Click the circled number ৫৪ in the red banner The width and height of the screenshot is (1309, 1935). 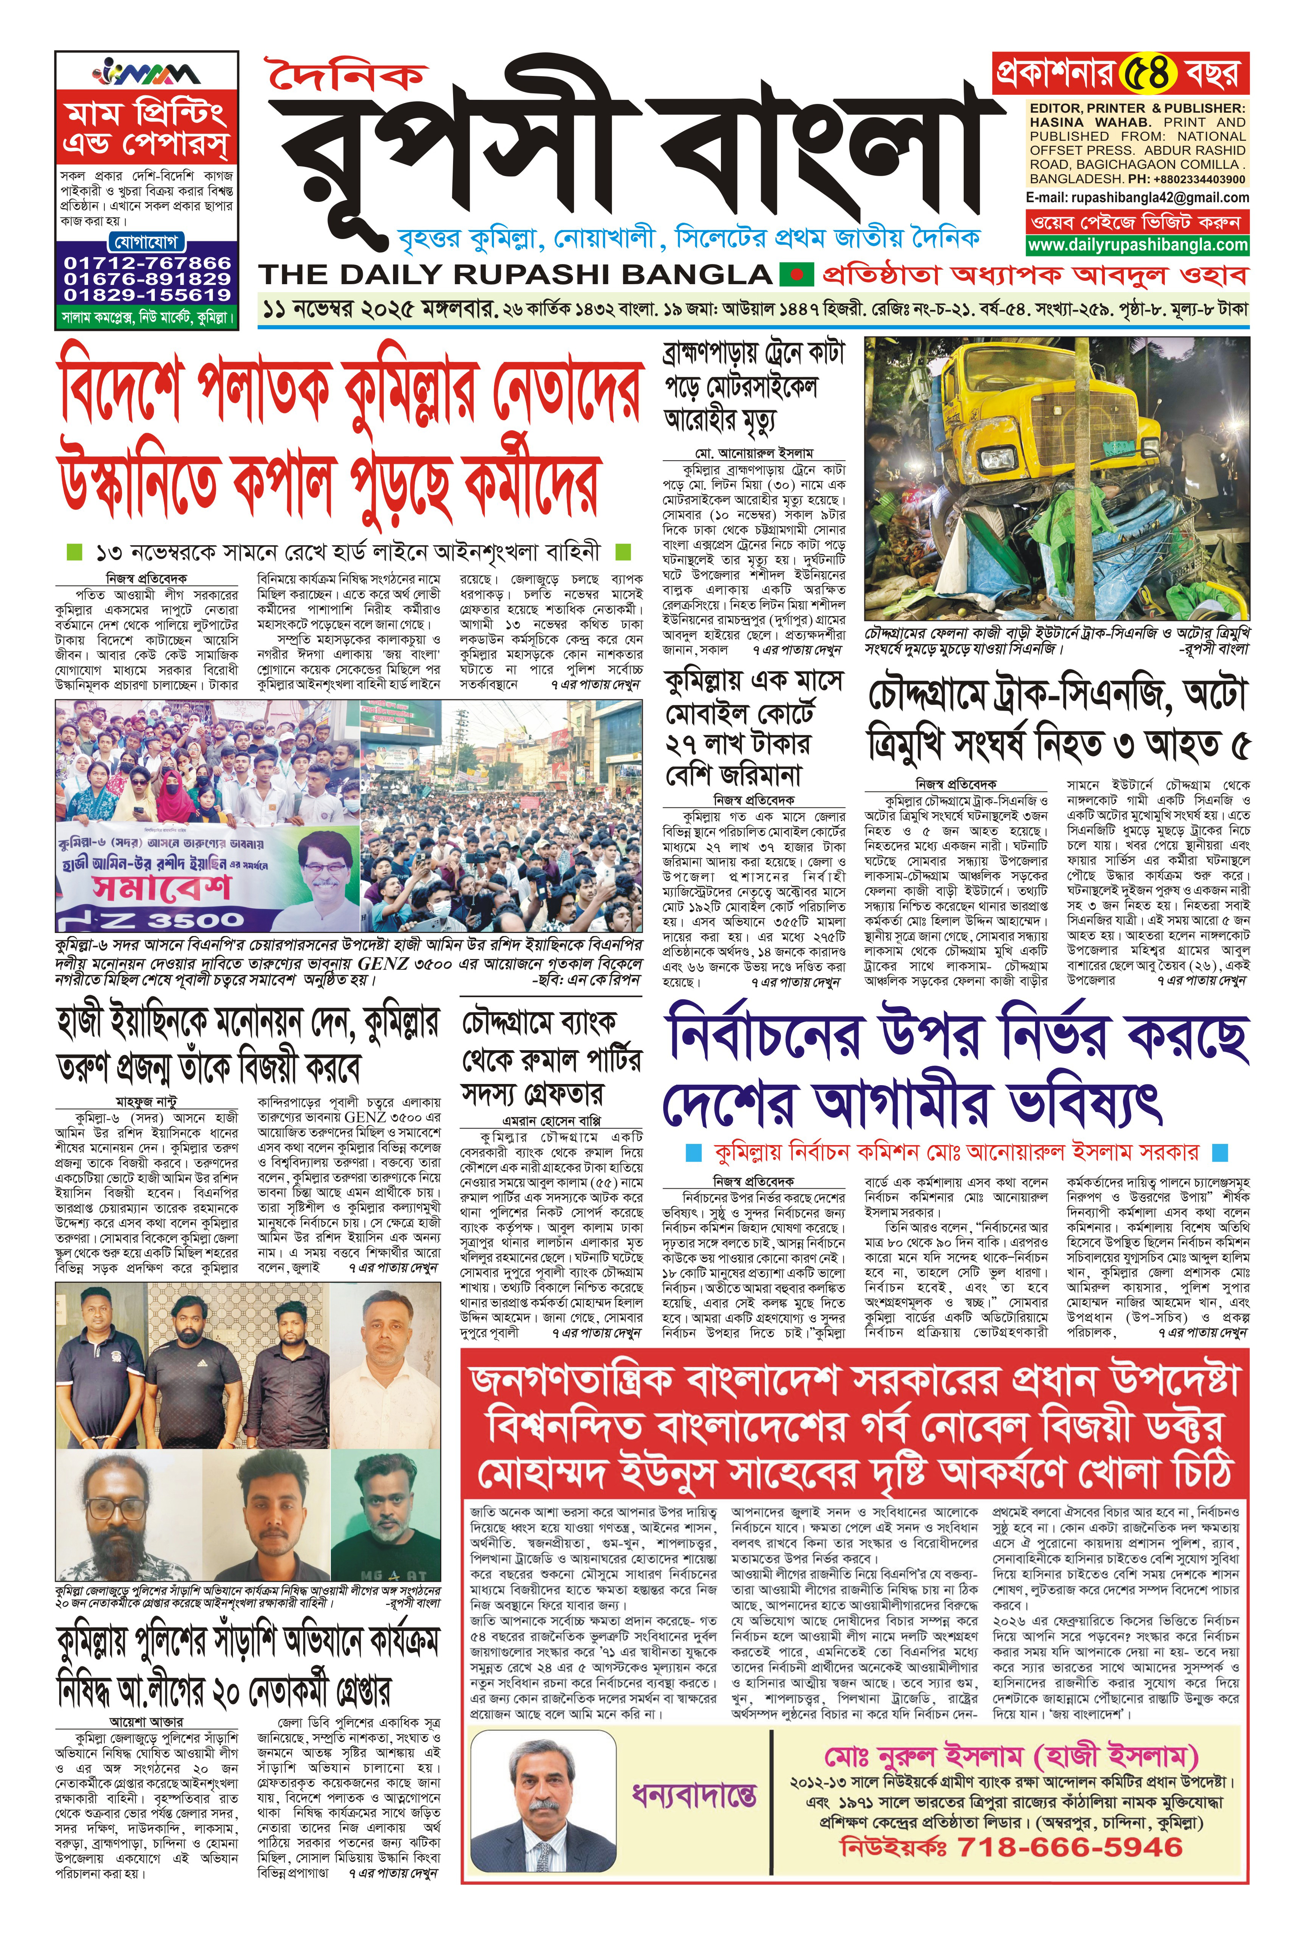pos(1147,73)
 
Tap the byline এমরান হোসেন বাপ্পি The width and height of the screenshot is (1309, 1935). pos(552,1121)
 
